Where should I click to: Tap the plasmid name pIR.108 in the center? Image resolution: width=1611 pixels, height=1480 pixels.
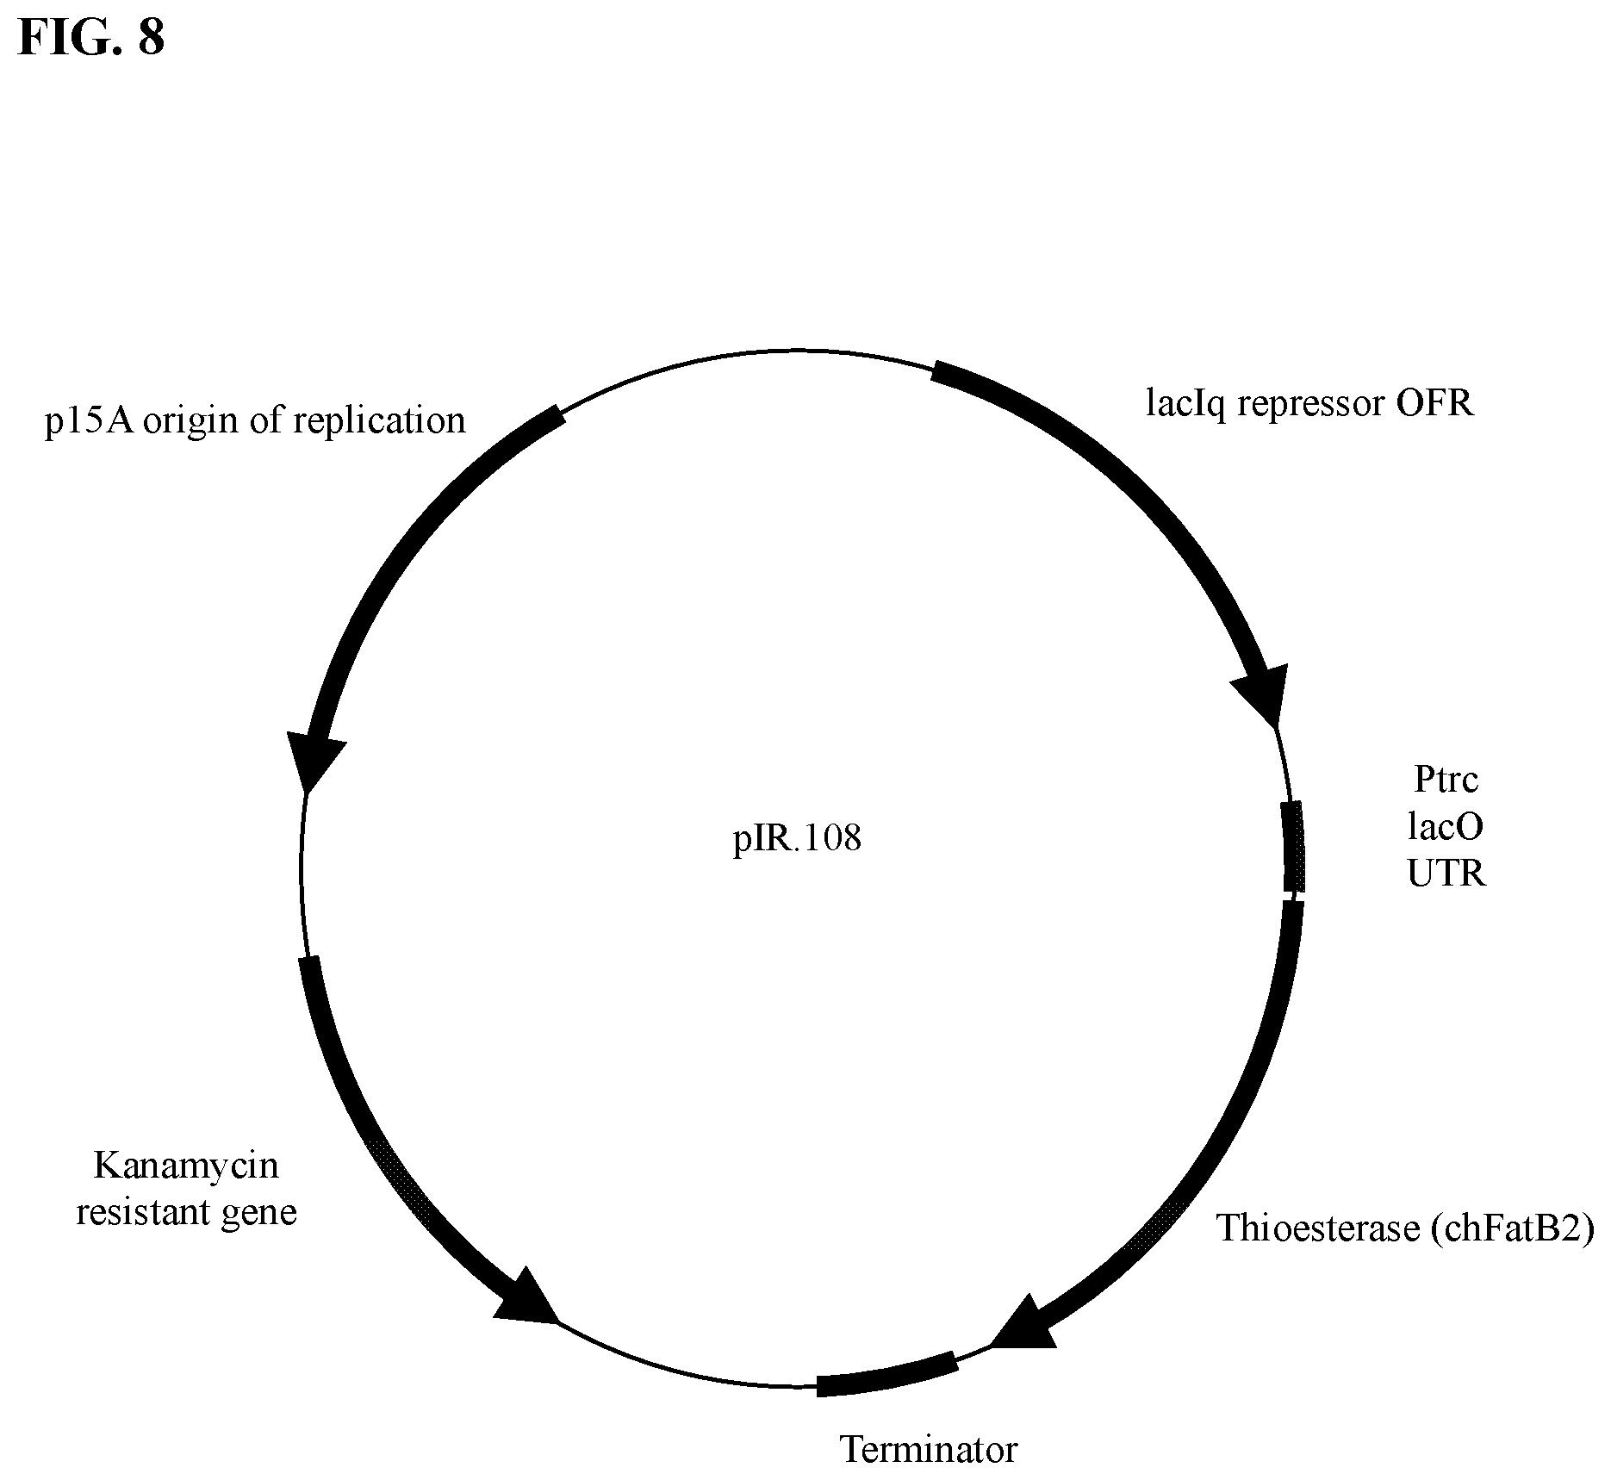click(797, 838)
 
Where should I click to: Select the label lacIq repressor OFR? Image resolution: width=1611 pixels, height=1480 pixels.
click(1309, 403)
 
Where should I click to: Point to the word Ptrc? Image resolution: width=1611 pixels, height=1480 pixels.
click(1446, 780)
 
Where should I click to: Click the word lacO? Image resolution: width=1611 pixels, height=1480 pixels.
click(1446, 827)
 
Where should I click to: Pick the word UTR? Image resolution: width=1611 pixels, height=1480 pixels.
click(1446, 874)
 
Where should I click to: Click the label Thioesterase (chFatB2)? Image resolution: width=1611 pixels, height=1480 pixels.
click(1405, 1228)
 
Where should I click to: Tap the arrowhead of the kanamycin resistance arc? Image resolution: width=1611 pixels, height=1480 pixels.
click(526, 1299)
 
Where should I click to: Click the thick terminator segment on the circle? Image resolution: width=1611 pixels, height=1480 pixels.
click(886, 1374)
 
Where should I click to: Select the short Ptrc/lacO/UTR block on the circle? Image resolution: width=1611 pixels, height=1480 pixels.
click(1293, 847)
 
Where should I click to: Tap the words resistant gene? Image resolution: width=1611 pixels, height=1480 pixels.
click(186, 1213)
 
